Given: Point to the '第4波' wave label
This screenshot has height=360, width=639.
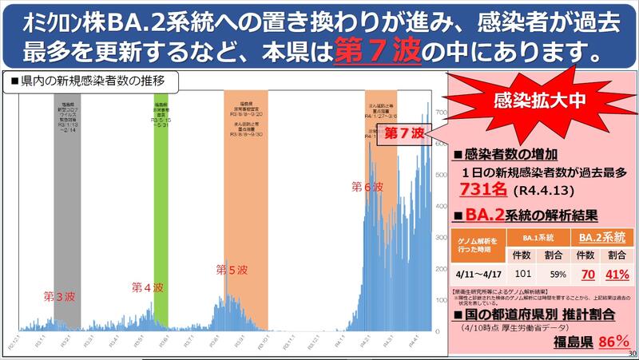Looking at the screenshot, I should coord(148,287).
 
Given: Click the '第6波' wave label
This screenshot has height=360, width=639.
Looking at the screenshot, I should coord(367,187).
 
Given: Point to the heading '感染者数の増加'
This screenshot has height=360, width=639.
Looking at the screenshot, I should coord(510,154).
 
